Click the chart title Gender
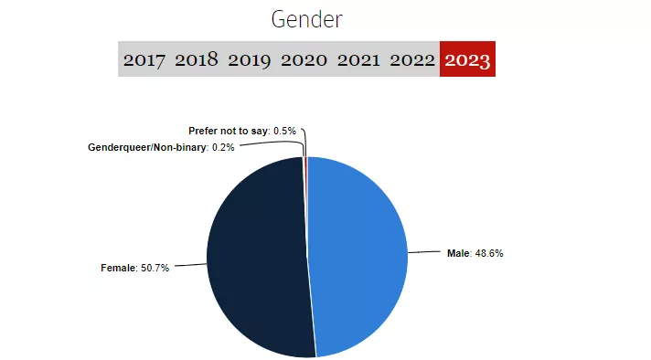point(306,18)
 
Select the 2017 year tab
point(144,60)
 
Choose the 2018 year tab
point(197,60)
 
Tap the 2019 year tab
point(250,60)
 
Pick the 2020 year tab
point(304,60)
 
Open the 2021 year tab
point(358,60)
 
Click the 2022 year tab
point(411,60)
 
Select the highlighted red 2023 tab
point(467,60)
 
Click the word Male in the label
point(457,253)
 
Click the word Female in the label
point(118,268)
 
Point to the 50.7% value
point(154,268)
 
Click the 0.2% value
point(222,147)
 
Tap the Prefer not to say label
point(228,131)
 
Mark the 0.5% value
point(284,131)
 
